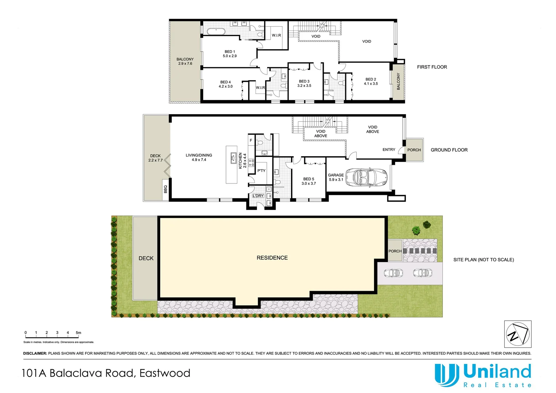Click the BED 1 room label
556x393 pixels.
230,52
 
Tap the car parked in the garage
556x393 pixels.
366,177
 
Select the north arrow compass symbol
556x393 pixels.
517,334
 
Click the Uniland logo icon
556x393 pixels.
446,375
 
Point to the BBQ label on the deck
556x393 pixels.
166,189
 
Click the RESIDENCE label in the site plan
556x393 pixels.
272,258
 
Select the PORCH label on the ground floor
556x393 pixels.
414,150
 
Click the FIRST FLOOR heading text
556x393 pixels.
432,67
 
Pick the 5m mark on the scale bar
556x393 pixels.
78,333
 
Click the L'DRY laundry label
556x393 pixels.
258,196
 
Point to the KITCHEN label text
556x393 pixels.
240,160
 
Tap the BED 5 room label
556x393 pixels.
309,179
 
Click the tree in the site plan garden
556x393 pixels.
416,230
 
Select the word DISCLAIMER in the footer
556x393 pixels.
35,353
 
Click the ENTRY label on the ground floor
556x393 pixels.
389,150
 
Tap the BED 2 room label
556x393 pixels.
371,79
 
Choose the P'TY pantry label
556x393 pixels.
261,171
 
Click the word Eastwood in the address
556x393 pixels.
165,373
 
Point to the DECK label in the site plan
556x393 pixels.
146,258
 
